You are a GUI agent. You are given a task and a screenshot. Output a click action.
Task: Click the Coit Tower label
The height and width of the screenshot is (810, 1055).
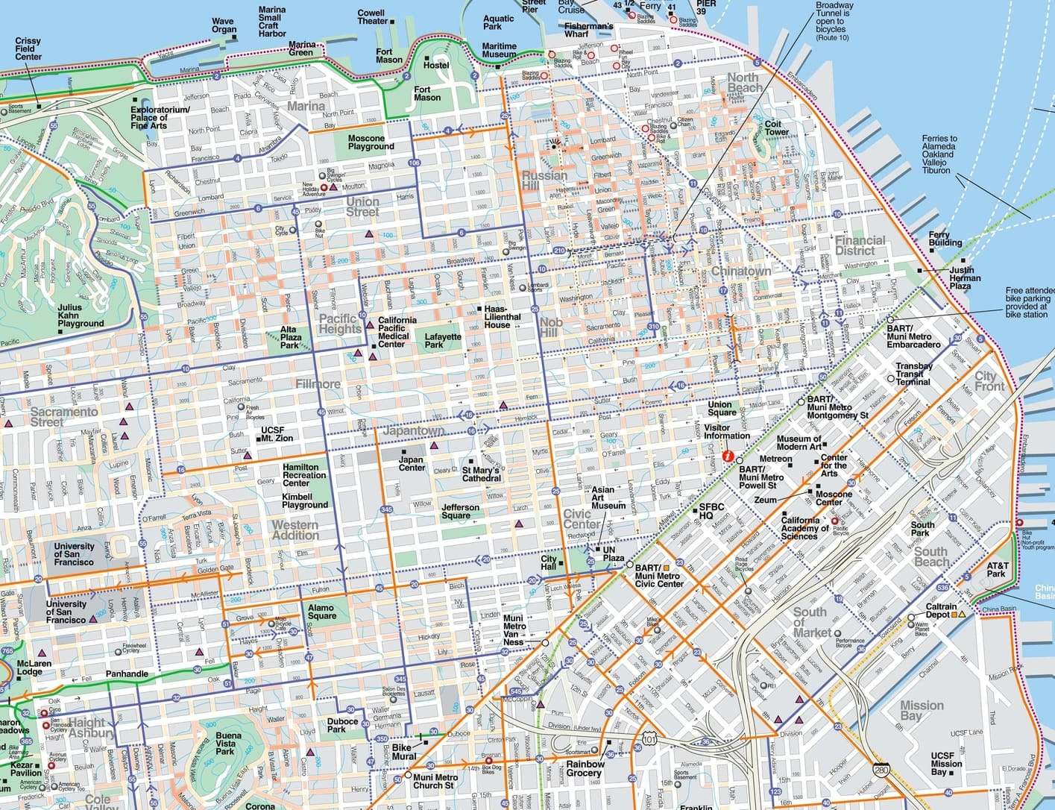pyautogui.click(x=776, y=128)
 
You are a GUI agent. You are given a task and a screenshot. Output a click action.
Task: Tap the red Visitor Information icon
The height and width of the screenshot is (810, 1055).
pyautogui.click(x=728, y=456)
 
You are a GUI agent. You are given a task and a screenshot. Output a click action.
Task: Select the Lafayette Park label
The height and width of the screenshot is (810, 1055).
pyautogui.click(x=443, y=341)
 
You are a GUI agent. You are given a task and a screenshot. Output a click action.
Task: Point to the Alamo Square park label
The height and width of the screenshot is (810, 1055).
pyautogui.click(x=321, y=612)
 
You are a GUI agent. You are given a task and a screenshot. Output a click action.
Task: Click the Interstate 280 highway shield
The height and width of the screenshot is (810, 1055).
pyautogui.click(x=881, y=770)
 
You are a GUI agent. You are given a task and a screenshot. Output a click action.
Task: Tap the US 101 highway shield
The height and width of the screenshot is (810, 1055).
pyautogui.click(x=649, y=738)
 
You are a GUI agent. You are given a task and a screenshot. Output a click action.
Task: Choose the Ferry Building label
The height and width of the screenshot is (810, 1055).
pyautogui.click(x=945, y=239)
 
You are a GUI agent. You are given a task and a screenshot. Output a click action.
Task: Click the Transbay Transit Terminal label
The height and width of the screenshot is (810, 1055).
pyautogui.click(x=913, y=374)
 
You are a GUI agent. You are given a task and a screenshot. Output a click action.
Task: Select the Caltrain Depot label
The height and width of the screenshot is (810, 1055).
pyautogui.click(x=941, y=610)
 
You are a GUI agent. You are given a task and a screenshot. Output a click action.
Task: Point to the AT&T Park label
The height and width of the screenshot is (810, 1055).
pyautogui.click(x=997, y=570)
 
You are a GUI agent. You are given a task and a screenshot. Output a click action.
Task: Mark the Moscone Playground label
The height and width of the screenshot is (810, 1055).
pyautogui.click(x=371, y=142)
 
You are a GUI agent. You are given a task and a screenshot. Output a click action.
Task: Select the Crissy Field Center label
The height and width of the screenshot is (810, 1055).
pyautogui.click(x=28, y=49)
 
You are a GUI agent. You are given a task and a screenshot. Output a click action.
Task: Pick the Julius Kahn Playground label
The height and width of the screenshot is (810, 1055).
pyautogui.click(x=81, y=315)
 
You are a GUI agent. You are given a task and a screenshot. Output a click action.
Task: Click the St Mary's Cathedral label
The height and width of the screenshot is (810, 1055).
pyautogui.click(x=482, y=474)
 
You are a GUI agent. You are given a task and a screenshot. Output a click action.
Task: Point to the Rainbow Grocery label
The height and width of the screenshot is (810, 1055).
pyautogui.click(x=585, y=768)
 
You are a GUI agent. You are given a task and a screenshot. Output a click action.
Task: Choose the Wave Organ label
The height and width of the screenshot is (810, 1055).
pyautogui.click(x=224, y=26)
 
